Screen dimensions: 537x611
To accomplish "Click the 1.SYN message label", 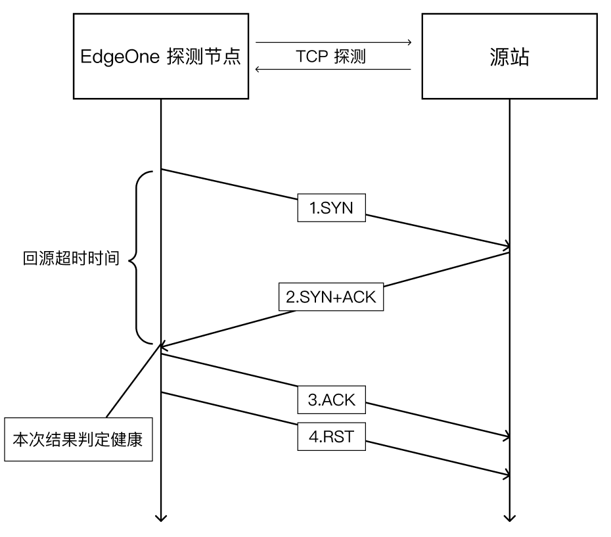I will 330,208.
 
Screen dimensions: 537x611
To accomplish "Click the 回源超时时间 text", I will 71,258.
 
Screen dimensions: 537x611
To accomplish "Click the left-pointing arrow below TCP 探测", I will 259,68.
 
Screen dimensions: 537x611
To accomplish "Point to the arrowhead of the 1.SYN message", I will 507,246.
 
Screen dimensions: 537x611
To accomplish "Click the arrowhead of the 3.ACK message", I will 507,436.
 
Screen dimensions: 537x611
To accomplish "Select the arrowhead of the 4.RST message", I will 507,474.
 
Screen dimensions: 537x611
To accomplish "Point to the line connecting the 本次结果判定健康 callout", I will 131,383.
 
